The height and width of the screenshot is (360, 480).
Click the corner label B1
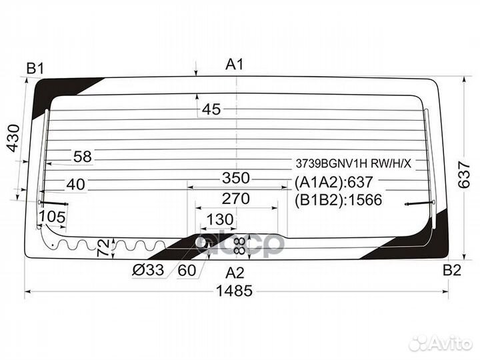coord(35,69)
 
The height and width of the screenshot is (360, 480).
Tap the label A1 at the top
coord(235,65)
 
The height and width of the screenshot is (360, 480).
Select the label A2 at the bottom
coord(235,273)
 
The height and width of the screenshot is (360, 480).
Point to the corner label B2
coord(452,270)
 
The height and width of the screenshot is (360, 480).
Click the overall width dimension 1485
coord(235,291)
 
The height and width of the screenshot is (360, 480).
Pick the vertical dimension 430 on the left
coord(13,138)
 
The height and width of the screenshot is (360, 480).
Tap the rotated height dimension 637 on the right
coord(464,175)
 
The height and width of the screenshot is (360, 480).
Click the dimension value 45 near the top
coord(211,109)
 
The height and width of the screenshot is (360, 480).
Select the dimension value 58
coord(83,157)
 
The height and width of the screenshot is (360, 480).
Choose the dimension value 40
coord(76,184)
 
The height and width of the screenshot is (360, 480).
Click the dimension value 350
coord(236,178)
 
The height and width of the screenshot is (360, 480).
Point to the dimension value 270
coord(236,199)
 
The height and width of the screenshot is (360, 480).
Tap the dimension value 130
coord(220,219)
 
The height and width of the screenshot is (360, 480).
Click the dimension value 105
coord(53,217)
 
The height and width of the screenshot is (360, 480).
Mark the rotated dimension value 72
coord(103,247)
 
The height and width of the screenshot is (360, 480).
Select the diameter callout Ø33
coord(148,270)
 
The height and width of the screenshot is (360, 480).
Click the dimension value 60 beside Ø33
coord(187,270)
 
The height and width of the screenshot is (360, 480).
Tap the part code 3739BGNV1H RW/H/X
coord(353,164)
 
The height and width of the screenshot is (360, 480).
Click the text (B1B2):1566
coord(338,200)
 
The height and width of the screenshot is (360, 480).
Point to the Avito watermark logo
coord(441,343)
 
